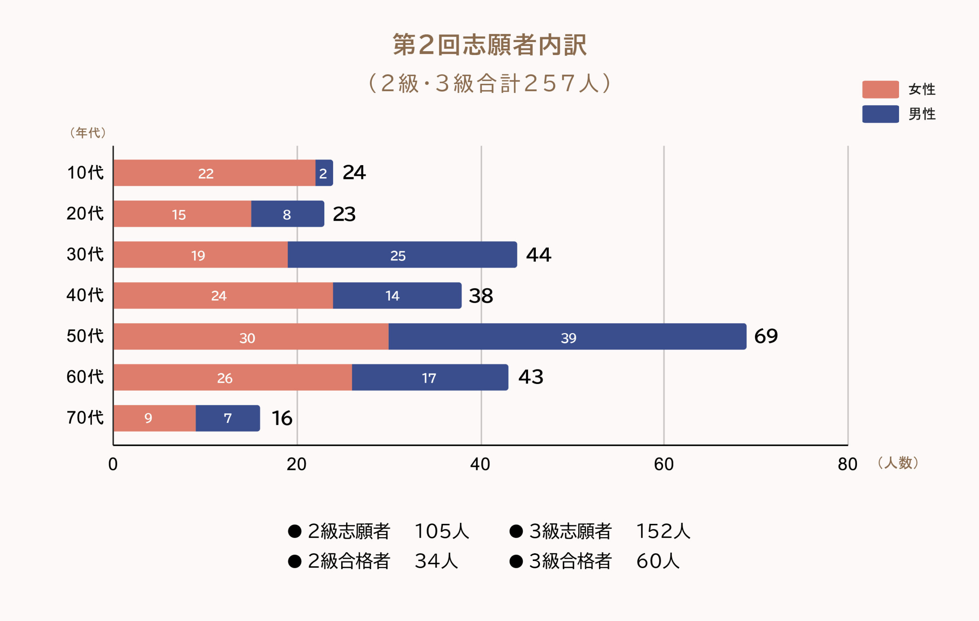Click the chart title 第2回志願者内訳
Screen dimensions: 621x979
pyautogui.click(x=489, y=45)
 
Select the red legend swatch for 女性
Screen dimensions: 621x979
pyautogui.click(x=880, y=89)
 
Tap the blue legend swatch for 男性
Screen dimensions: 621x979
pyautogui.click(x=880, y=114)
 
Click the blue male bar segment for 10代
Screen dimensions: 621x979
pyautogui.click(x=324, y=173)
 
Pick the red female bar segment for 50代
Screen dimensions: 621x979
pyautogui.click(x=251, y=337)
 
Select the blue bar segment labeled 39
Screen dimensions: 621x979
pyautogui.click(x=567, y=337)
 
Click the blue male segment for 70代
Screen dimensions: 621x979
pyautogui.click(x=228, y=418)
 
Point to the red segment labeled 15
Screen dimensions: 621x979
pyautogui.click(x=182, y=214)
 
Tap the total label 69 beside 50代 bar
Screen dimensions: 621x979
pyautogui.click(x=766, y=337)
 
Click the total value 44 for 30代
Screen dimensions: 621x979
pyautogui.click(x=538, y=255)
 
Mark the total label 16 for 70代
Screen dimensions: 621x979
pyautogui.click(x=282, y=418)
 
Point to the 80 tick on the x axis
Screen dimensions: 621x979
pyautogui.click(x=847, y=464)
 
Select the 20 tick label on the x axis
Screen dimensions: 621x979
pyautogui.click(x=296, y=464)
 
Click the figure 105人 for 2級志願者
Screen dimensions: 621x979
pyautogui.click(x=442, y=531)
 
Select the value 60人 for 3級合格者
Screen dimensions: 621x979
pyautogui.click(x=657, y=561)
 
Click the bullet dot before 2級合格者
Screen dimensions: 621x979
pyautogui.click(x=295, y=561)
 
